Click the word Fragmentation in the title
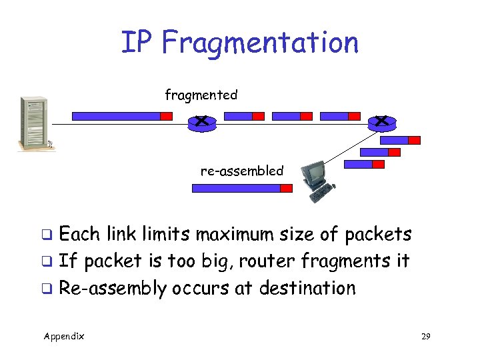[x=260, y=43]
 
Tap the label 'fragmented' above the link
[x=201, y=95]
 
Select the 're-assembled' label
[x=242, y=171]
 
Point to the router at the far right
[x=381, y=121]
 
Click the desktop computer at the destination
[x=315, y=179]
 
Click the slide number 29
[x=426, y=337]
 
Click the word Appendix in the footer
[x=64, y=337]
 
